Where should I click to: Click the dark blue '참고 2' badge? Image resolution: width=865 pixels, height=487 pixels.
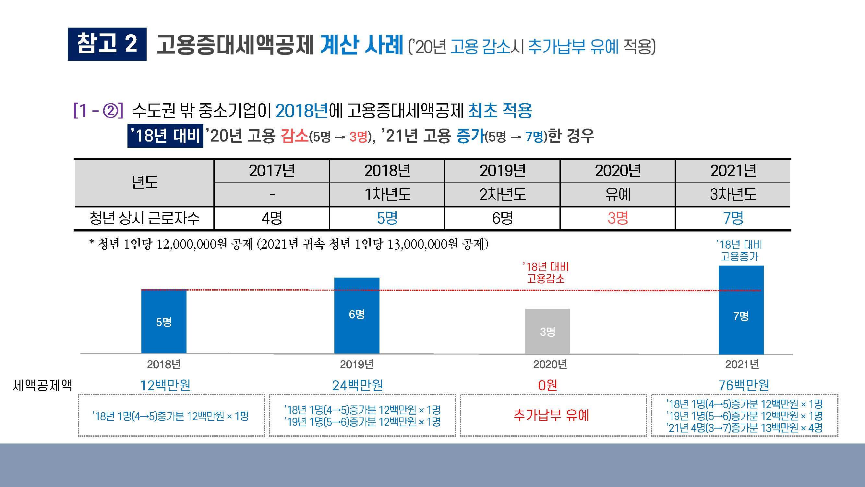tap(107, 44)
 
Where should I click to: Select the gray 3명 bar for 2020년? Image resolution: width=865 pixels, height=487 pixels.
tap(547, 331)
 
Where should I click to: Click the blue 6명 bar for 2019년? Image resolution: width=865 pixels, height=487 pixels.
tap(357, 315)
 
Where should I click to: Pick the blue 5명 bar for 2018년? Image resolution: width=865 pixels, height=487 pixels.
tap(163, 321)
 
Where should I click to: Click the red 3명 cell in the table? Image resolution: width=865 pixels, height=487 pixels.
tap(618, 218)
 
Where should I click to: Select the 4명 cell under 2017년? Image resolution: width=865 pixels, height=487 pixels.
tap(272, 218)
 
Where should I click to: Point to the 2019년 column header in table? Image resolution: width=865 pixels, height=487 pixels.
tap(502, 171)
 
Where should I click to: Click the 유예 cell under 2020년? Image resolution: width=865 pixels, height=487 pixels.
tap(618, 194)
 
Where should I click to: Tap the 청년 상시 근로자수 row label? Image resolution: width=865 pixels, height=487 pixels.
tap(144, 218)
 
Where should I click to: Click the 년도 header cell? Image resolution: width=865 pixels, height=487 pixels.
tap(144, 182)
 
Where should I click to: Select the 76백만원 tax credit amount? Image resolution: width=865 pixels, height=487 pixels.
tap(744, 385)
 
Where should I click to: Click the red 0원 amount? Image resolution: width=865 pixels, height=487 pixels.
tap(547, 385)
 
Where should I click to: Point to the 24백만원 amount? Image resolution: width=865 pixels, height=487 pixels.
tap(357, 385)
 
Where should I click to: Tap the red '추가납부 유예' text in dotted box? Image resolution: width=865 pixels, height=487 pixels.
tap(551, 416)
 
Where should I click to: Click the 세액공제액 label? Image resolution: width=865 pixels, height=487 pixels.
tap(42, 385)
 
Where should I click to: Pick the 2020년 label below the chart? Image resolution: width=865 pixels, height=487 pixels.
tap(550, 364)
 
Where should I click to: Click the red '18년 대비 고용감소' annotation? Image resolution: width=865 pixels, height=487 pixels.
tap(546, 273)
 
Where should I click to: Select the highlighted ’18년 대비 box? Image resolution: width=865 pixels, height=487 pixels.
tap(165, 136)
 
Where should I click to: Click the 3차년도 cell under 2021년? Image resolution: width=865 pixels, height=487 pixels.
tap(733, 194)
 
